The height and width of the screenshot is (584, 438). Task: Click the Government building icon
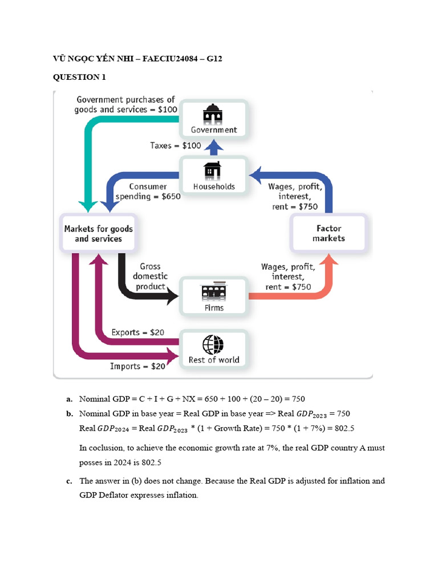[x=214, y=113]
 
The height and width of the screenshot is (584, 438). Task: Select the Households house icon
[x=214, y=170]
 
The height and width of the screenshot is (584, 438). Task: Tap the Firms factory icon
[x=214, y=291]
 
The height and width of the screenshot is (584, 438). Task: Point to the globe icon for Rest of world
[x=213, y=344]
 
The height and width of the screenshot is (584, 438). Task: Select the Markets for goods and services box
[x=98, y=233]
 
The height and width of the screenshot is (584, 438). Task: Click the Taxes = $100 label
[x=176, y=145]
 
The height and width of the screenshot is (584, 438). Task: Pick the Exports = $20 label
[x=137, y=332]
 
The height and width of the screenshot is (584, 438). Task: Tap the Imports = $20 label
[x=137, y=366]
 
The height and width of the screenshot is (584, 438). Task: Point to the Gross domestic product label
[x=151, y=276]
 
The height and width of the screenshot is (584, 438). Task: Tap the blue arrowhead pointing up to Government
[x=214, y=147]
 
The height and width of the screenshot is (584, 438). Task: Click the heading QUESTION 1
[x=79, y=77]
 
